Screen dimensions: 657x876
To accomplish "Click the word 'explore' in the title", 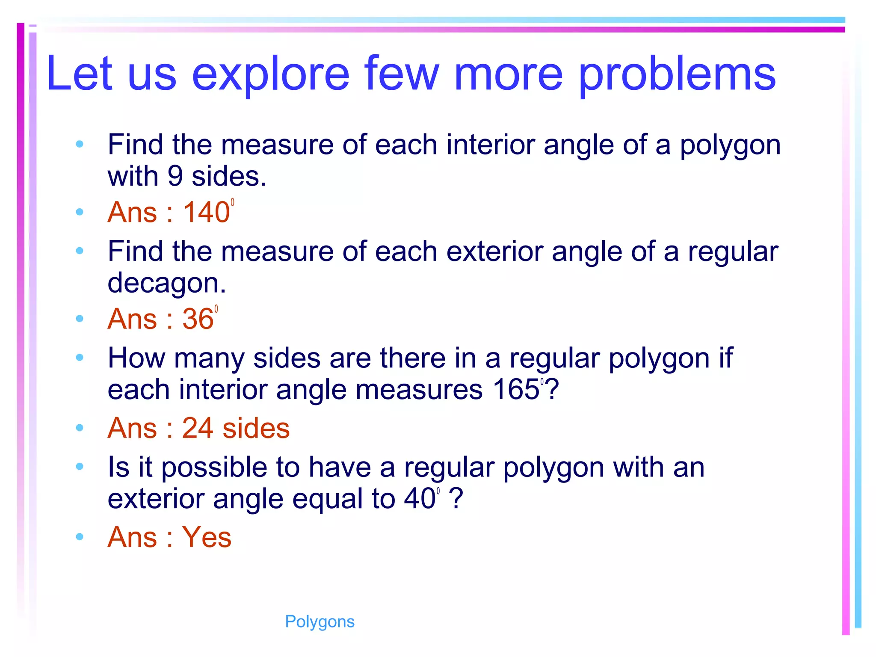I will pos(271,74).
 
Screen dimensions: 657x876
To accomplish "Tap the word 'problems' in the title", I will pos(677,74).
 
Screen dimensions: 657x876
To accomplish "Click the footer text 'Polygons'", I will pos(320,621).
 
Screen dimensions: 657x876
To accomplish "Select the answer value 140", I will pos(207,212).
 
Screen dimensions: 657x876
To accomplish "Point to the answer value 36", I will pos(198,319).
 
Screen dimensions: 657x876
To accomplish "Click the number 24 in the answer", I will pos(197,428).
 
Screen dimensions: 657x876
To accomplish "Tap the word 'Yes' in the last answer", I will pos(207,537).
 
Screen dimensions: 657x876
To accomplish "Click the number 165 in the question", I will pos(516,390).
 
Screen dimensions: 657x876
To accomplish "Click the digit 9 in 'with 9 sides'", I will pos(175,176).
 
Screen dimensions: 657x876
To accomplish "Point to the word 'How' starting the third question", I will pos(136,358).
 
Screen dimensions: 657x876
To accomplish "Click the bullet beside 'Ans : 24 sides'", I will pos(80,428).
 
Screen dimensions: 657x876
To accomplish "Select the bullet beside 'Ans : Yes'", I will pos(80,536).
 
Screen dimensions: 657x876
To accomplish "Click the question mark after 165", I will pos(552,390).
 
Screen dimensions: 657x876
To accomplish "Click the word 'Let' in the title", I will pos(80,74).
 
